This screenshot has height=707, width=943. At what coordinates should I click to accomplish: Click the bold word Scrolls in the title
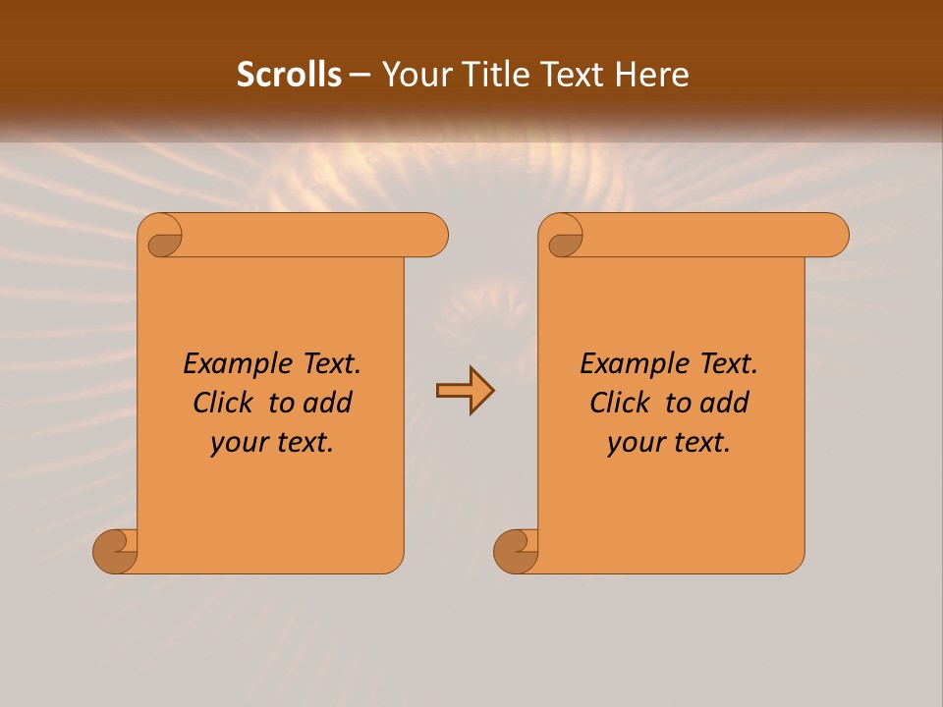(x=289, y=75)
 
